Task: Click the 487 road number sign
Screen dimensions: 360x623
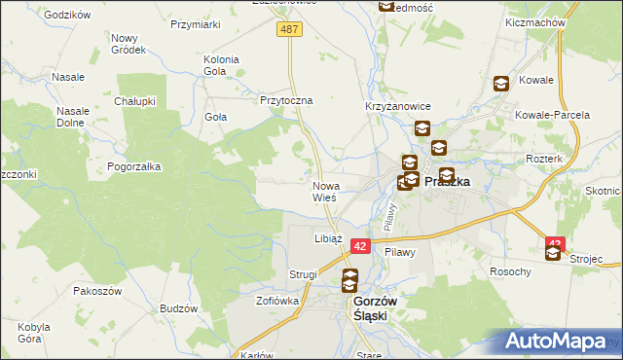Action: [x=291, y=30]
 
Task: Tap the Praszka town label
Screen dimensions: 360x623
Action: [x=448, y=181]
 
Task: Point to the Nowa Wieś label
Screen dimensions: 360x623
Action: [x=325, y=191]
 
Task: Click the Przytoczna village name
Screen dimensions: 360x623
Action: [x=285, y=99]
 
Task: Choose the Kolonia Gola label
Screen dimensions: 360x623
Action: [x=221, y=65]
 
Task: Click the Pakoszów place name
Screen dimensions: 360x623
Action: [x=95, y=290]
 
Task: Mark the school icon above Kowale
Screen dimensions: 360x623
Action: [x=501, y=85]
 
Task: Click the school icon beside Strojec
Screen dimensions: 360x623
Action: [x=554, y=253]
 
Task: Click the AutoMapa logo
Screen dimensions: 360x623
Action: [x=560, y=342]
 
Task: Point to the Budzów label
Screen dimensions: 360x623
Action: [x=178, y=308]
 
